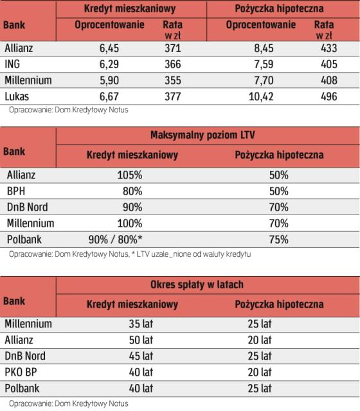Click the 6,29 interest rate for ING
pos(109,64)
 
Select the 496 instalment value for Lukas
pos(329,96)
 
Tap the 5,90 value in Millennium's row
pos(109,80)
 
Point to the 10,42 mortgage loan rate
pos(261,96)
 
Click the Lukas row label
pos(17,96)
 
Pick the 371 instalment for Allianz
pos(173,48)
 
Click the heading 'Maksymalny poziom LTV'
pos(203,135)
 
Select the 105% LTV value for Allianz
pos(130,175)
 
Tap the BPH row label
pos(16,191)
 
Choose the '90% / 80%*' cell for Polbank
pos(116,240)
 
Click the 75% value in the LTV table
pos(278,240)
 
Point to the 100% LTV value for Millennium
pos(130,223)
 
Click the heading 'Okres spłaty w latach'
pos(197,284)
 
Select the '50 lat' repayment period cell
pos(141,340)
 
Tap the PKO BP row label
pos(21,372)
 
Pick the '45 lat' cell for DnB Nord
pos(141,356)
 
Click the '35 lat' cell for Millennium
pos(141,324)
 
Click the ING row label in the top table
pos(12,64)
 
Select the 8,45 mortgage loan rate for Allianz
pos(264,48)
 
